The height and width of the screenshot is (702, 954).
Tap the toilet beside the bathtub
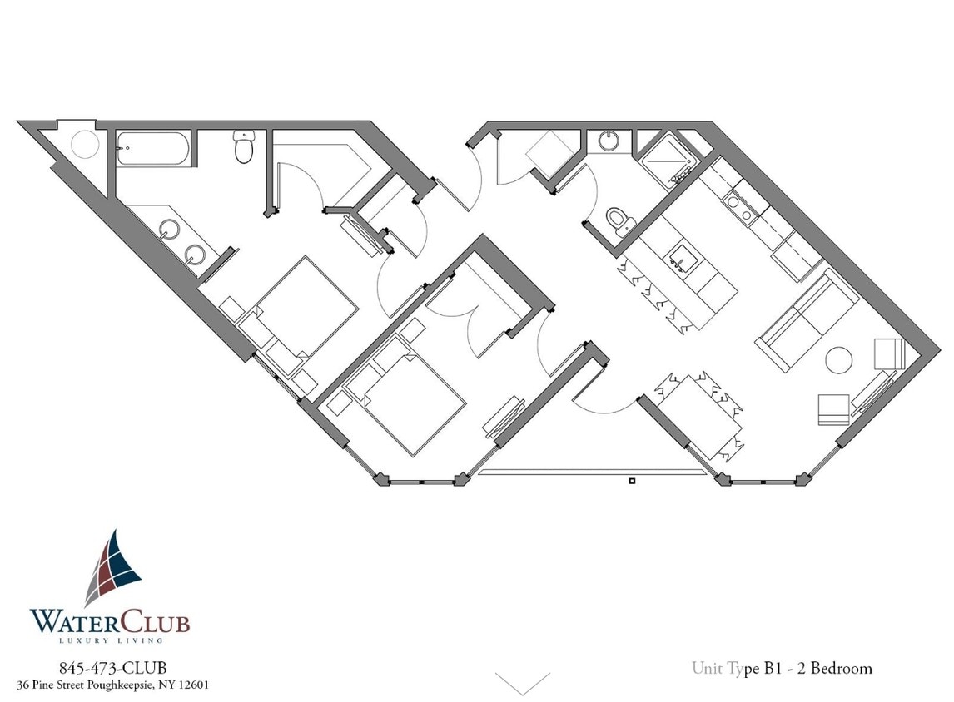pos(244,149)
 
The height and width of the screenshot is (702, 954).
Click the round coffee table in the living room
pos(838,360)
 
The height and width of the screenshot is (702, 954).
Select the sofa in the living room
pos(806,319)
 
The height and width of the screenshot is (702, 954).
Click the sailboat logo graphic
pos(113,567)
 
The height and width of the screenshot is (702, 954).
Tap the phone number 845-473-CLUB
pos(112,668)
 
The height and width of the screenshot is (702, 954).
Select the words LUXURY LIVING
pos(111,640)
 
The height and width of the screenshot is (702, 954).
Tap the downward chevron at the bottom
pos(522,683)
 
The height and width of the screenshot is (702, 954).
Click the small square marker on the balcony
pos(632,481)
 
